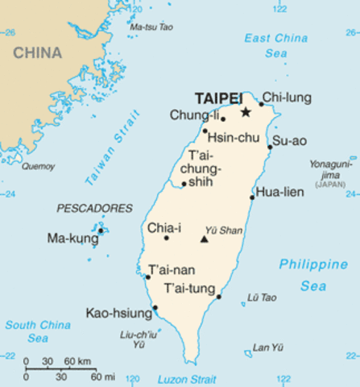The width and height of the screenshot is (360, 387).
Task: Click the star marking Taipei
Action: click(245, 112)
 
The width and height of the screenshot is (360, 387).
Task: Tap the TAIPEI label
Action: click(218, 98)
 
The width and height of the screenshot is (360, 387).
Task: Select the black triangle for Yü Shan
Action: click(205, 239)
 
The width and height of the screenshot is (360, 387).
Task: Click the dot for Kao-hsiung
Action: click(155, 307)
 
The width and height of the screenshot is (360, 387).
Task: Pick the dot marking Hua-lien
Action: click(253, 197)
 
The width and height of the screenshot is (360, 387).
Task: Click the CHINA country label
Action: click(37, 52)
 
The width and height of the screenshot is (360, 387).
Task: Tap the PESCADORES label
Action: click(94, 208)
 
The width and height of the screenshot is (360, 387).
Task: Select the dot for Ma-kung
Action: click(101, 231)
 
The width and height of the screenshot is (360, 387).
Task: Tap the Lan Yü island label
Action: click(268, 347)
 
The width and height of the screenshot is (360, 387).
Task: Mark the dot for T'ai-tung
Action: click(219, 297)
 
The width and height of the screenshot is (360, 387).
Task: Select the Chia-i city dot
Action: click(167, 238)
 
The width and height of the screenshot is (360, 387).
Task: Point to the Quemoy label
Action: click(38, 166)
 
